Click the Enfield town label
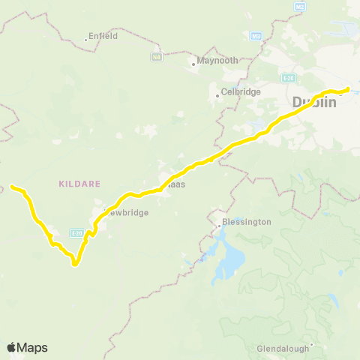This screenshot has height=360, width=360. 103,35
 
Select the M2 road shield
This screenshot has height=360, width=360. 301,7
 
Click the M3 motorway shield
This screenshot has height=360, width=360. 256,36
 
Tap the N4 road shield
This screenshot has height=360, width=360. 156,56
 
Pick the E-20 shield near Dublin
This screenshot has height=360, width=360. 289,78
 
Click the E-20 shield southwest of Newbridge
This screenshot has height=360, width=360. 77,233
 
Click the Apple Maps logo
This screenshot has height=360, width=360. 27,347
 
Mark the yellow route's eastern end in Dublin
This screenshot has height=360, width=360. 349,90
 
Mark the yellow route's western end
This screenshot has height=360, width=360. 11,186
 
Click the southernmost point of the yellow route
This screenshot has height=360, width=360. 75,265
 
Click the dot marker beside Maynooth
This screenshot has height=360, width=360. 193,64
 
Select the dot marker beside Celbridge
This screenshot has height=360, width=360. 217,94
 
